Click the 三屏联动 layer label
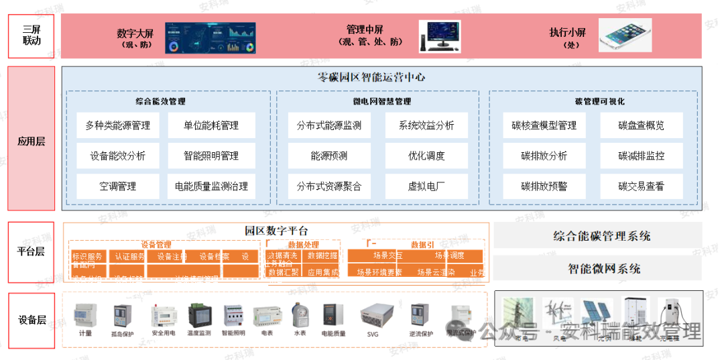pyautogui.click(x=31, y=36)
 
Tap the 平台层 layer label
pyautogui.click(x=31, y=251)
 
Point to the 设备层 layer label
pyautogui.click(x=31, y=320)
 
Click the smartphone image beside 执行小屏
pyautogui.click(x=625, y=36)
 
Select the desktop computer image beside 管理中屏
pyautogui.click(x=440, y=36)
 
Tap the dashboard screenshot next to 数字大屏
pyautogui.click(x=211, y=37)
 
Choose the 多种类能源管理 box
pyautogui.click(x=117, y=125)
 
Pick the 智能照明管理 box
pyautogui.click(x=211, y=156)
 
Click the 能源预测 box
pyautogui.click(x=328, y=156)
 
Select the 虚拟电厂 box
pyautogui.click(x=426, y=186)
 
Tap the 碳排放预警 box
pyautogui.click(x=544, y=186)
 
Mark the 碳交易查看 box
pyautogui.click(x=641, y=186)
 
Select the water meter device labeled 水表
pyautogui.click(x=300, y=315)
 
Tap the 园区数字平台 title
pyautogui.click(x=276, y=231)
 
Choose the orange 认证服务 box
pyautogui.click(x=127, y=256)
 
